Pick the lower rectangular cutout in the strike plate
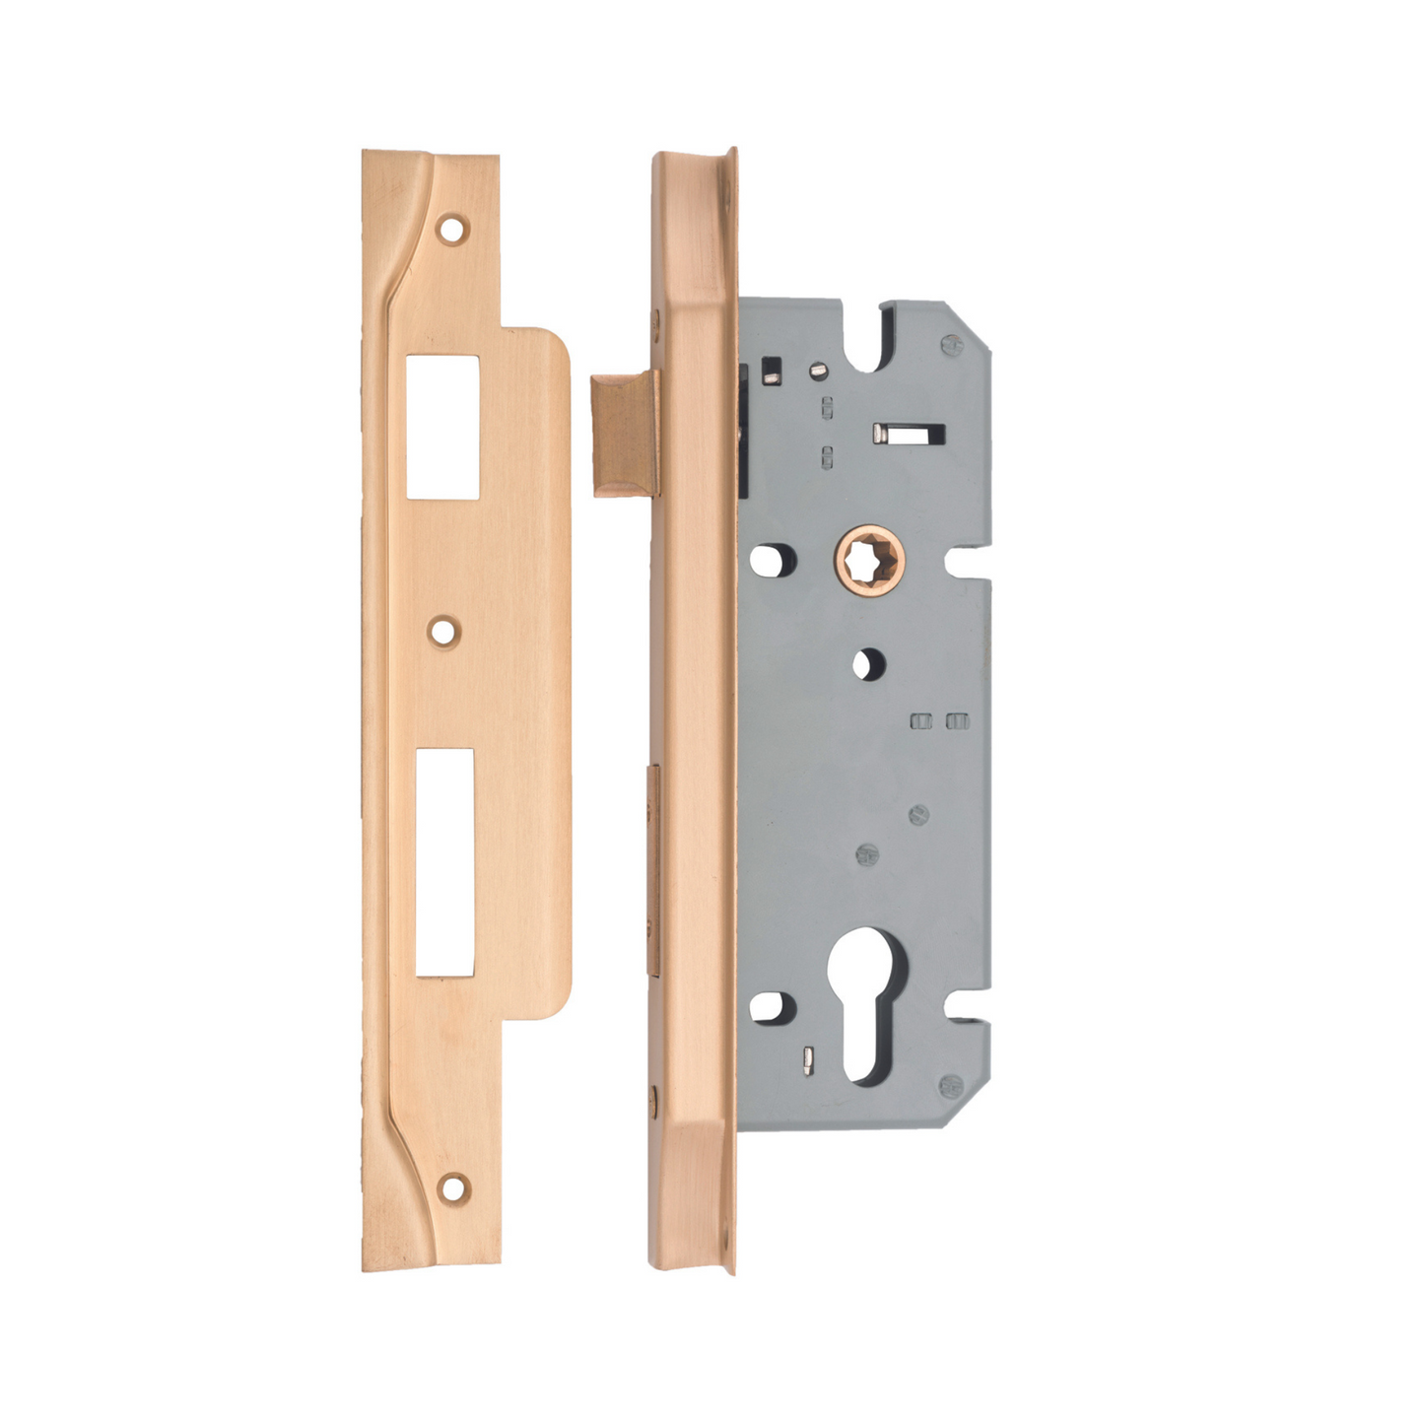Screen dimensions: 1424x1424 tap(444, 861)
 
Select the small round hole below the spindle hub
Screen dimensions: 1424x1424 tap(867, 663)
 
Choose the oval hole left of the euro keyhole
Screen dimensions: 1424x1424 tap(771, 1007)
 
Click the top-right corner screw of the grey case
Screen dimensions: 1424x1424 tap(951, 345)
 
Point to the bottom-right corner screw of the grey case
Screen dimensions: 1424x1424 tap(950, 1085)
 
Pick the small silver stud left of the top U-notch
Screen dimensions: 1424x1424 tap(816, 370)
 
